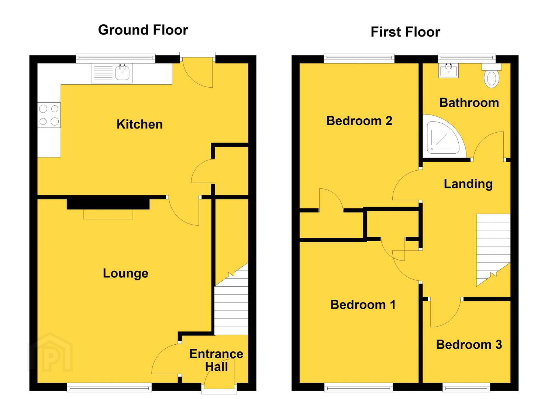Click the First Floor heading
coord(406,32)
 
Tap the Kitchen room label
coord(139,124)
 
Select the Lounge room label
coord(125,274)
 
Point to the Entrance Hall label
coord(216,360)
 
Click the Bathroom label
coord(469,103)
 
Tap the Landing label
coord(468,184)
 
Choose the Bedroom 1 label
coord(363,305)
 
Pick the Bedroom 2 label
coord(359,121)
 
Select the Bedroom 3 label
coord(469,345)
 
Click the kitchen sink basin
coord(122,72)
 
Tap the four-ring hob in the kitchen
coord(49,115)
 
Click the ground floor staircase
coord(231,299)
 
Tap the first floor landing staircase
coord(493,250)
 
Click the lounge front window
coord(109,387)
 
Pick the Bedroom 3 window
coord(466,387)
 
